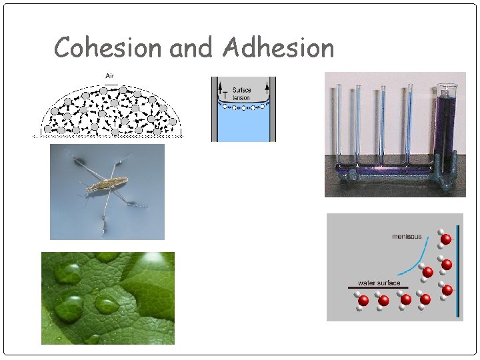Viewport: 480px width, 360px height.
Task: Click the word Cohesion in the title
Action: pos(109,48)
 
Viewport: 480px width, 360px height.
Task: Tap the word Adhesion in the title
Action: pos(279,48)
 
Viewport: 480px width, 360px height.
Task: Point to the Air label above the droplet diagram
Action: pos(109,75)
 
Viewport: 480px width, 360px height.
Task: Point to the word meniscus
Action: pos(407,236)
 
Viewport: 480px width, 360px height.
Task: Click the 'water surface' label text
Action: pos(379,283)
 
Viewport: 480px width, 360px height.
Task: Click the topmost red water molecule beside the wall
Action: pos(446,239)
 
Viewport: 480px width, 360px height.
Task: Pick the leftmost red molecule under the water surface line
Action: pos(363,301)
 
